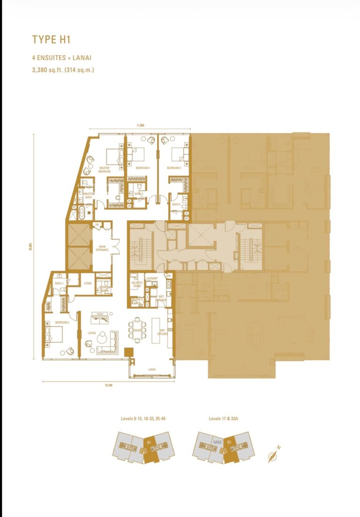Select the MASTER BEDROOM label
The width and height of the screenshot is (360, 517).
104,169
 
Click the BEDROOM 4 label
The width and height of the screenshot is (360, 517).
142,167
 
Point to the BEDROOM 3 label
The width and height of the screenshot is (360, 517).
174,167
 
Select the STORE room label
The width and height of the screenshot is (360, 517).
87,283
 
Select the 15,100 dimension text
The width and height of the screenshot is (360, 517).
109,385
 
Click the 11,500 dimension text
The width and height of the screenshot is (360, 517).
140,125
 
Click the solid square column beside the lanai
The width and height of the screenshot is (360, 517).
128,351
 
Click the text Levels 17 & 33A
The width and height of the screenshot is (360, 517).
227,417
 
